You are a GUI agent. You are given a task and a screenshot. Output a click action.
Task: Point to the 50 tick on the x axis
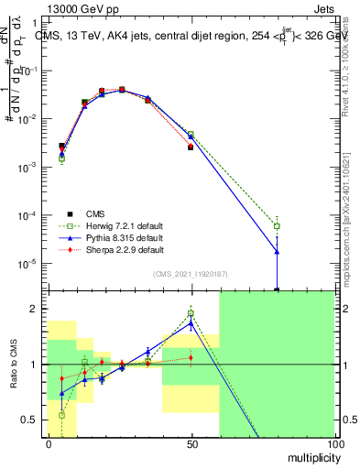tap(191, 442)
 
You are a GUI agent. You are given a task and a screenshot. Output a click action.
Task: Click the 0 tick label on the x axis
tap(48, 442)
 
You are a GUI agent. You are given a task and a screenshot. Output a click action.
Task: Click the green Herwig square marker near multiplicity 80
tap(277, 225)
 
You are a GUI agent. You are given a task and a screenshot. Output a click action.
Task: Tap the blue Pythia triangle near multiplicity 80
tap(277, 251)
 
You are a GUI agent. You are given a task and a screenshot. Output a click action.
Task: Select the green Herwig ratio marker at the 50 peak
tap(191, 313)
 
